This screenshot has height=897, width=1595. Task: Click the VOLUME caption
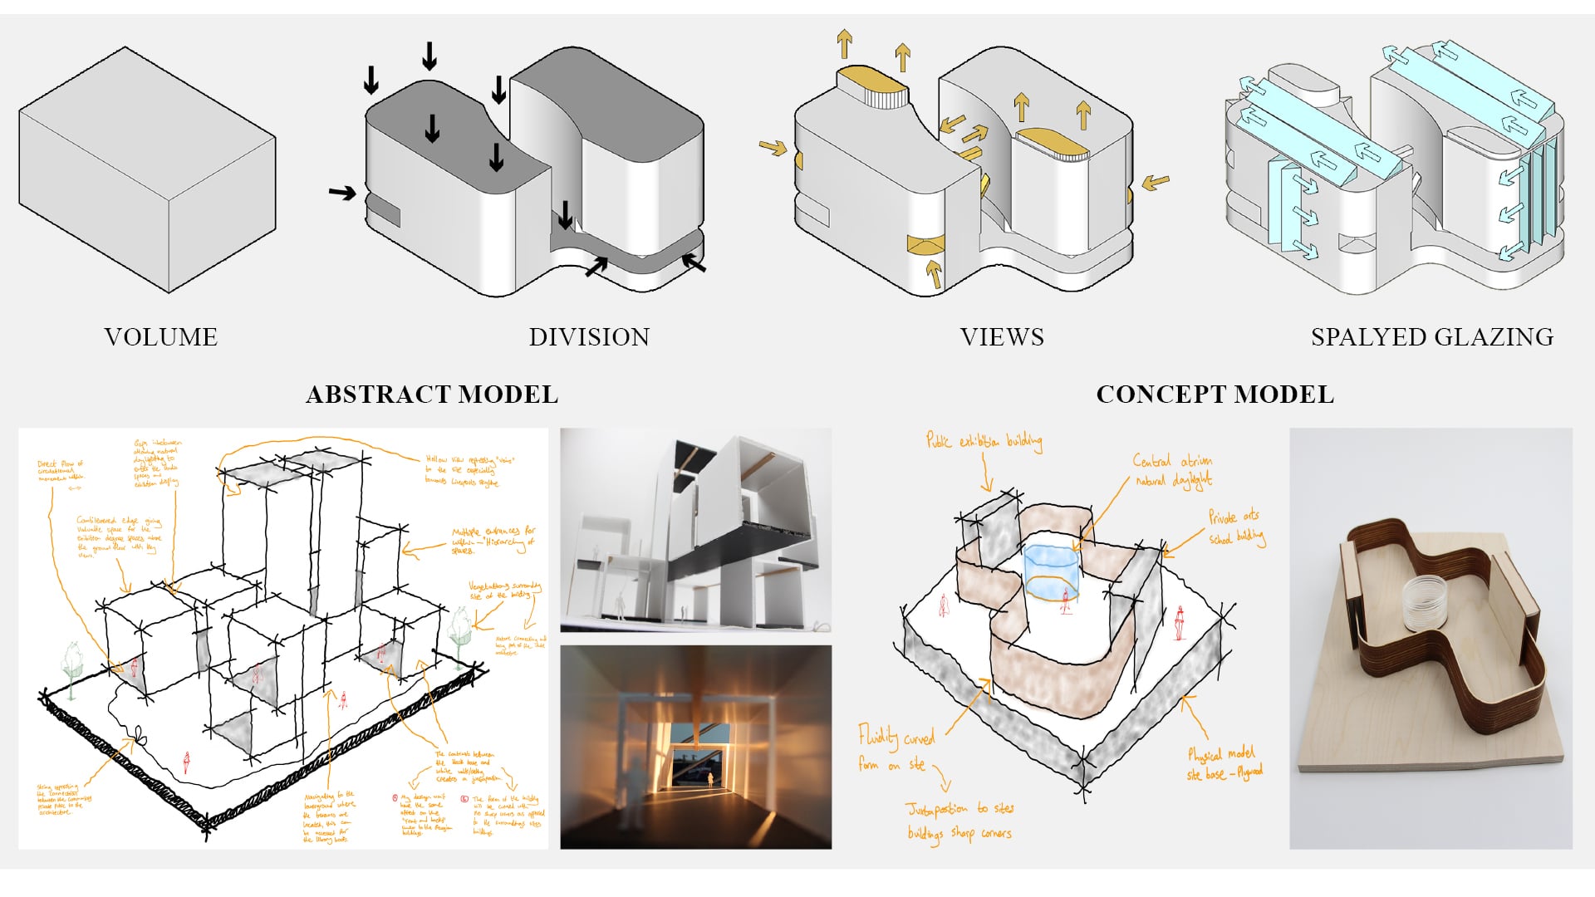(160, 336)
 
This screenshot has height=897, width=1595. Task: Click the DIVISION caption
(589, 336)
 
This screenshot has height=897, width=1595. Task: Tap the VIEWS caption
(1002, 336)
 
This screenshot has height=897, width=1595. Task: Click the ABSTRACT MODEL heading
(432, 394)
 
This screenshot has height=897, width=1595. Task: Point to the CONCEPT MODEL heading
(1215, 394)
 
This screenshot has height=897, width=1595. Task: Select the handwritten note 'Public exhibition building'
(984, 440)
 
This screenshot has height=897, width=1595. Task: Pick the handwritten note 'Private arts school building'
(1236, 527)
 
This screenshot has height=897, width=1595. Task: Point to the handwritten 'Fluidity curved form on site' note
(895, 747)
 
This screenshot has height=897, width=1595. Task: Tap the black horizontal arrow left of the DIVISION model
(341, 193)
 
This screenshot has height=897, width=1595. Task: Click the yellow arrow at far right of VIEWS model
(1156, 182)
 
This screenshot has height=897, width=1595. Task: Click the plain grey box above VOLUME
(147, 170)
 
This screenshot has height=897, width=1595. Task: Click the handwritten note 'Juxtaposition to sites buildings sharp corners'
(959, 821)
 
